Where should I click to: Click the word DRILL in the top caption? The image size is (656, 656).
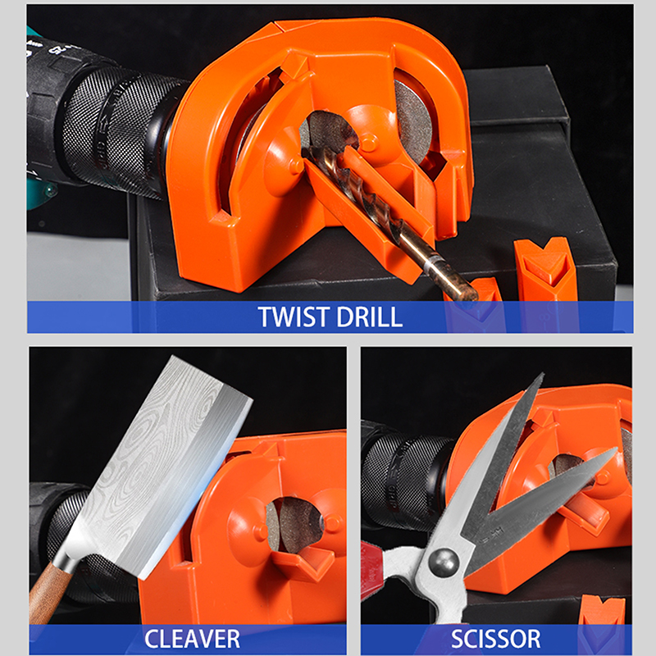point(369,317)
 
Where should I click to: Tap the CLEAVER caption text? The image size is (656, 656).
point(192,639)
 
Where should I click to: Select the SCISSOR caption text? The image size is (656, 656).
point(496,639)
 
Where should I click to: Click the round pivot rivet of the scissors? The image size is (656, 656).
point(444,562)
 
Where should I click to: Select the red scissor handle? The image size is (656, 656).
point(371,569)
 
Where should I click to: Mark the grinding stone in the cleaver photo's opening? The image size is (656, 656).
point(295,523)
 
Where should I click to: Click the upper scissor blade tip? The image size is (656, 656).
point(542,375)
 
